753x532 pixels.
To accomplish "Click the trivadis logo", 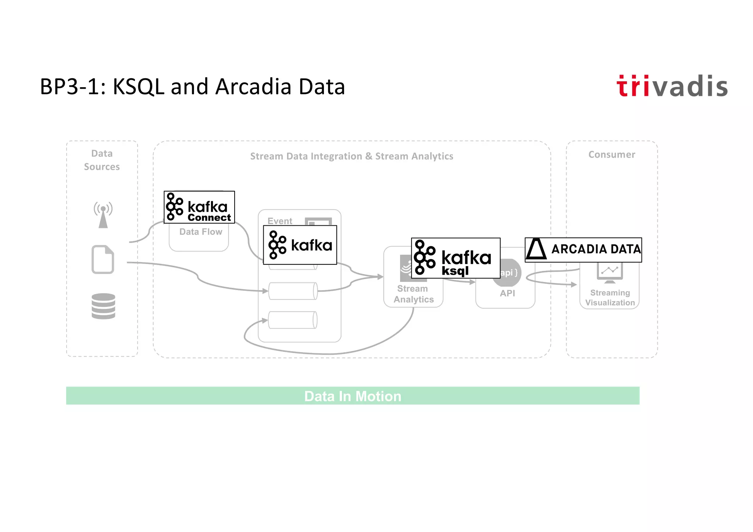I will (672, 86).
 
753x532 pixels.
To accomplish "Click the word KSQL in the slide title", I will (138, 87).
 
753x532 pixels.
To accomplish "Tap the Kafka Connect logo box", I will (199, 207).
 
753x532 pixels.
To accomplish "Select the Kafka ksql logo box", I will (456, 258).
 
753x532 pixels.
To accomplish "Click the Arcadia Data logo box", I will (583, 250).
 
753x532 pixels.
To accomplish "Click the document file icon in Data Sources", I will (103, 260).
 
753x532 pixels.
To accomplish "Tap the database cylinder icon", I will (103, 306).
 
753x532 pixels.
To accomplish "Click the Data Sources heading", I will (102, 160).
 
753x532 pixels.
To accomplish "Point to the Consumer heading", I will (611, 155).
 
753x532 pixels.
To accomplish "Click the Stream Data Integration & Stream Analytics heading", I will (351, 156).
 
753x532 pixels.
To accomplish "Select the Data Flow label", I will (201, 232).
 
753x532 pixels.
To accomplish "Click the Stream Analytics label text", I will (413, 294).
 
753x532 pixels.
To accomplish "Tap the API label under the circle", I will (507, 293).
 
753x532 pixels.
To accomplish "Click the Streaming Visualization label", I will (610, 298).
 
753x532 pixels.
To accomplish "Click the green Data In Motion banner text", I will (353, 396).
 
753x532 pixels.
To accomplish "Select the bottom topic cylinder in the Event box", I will (293, 320).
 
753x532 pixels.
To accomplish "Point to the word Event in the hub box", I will (280, 221).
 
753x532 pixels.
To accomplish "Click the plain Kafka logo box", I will (300, 245).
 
